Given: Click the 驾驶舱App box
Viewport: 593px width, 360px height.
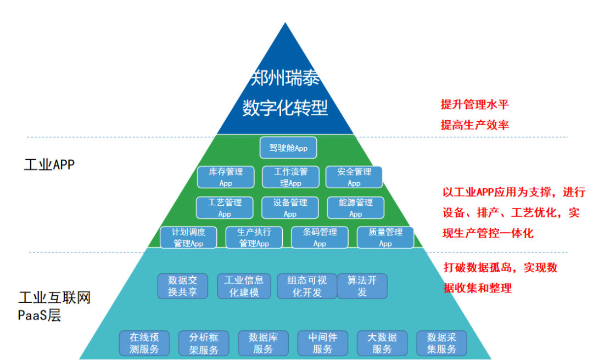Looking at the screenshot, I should click(288, 148).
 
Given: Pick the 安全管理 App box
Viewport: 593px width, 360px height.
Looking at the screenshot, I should click(354, 177).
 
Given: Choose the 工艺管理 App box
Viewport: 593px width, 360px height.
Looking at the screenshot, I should click(225, 208).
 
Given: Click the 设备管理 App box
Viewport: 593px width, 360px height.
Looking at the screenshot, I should click(290, 208).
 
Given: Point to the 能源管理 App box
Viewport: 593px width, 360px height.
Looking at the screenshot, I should click(355, 208).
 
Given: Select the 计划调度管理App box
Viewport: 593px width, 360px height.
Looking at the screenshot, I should click(188, 238).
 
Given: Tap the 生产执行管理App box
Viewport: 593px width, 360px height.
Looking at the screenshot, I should click(254, 238).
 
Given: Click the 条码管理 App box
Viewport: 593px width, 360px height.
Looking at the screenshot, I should click(320, 238).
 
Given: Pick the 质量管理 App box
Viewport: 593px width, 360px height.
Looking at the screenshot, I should click(385, 238).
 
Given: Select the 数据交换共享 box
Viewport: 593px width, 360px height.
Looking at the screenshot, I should click(182, 286).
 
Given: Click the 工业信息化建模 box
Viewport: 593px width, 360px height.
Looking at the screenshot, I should click(244, 286).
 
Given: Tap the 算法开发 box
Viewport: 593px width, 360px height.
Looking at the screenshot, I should click(362, 286).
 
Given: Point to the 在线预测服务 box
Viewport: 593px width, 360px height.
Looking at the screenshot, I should click(144, 343).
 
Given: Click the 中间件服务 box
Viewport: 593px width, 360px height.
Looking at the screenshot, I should click(322, 343).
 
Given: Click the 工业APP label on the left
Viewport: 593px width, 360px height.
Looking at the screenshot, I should click(49, 165).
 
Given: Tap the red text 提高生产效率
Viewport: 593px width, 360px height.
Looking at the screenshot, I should click(474, 125).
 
